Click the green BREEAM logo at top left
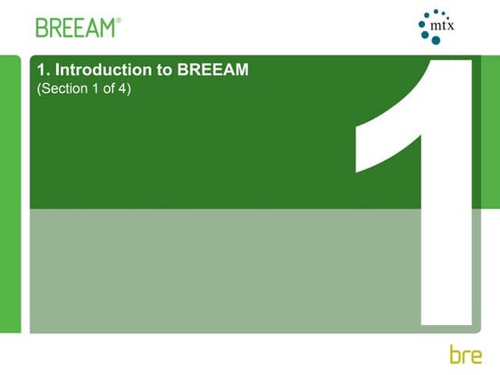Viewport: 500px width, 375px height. click(75, 27)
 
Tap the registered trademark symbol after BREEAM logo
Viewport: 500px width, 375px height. click(119, 20)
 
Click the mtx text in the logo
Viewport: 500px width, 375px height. click(444, 28)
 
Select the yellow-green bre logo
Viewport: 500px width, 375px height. click(468, 352)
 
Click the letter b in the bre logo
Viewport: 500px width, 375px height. click(456, 351)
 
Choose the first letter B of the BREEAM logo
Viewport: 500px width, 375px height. click(42, 27)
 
